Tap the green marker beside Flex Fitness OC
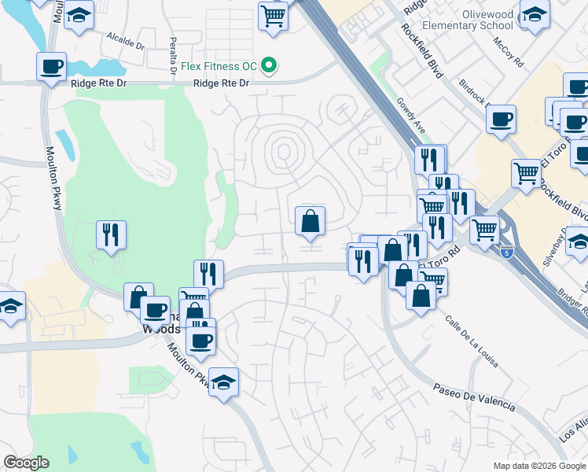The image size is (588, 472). coord(269,65)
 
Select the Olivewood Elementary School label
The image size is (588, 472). coord(468,20)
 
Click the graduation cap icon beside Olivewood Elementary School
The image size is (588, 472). coord(535,15)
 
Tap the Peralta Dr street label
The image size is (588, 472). coord(173,56)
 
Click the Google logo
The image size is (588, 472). coord(26,463)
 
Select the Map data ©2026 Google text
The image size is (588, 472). coord(538,466)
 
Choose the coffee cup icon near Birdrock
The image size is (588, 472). coord(501,120)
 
